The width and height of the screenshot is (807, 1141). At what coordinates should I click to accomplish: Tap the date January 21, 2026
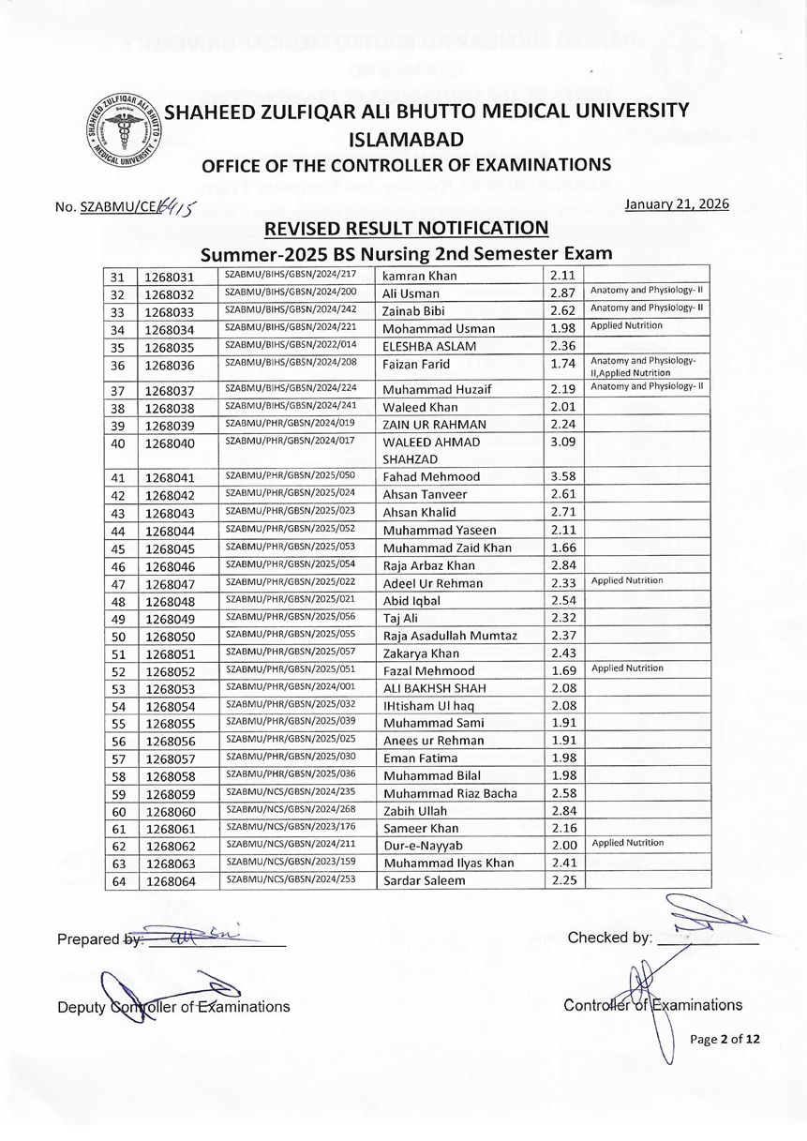click(676, 204)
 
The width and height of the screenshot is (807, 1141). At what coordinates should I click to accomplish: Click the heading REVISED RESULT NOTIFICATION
click(405, 228)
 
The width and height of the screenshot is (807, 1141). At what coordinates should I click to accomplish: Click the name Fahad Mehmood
click(431, 477)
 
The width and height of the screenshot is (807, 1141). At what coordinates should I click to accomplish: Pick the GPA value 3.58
click(562, 477)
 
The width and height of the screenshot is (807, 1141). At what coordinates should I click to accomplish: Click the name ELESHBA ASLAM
click(429, 346)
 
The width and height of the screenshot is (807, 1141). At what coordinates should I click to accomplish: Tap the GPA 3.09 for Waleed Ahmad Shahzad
click(562, 442)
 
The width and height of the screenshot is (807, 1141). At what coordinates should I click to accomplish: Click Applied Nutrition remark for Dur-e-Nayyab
click(627, 843)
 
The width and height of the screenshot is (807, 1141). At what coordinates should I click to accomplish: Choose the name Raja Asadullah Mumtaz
click(450, 636)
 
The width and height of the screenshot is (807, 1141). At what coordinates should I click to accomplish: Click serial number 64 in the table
click(118, 880)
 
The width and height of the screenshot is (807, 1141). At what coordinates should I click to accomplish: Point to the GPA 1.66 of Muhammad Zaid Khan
click(562, 548)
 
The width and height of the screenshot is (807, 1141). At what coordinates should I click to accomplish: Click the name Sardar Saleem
click(425, 880)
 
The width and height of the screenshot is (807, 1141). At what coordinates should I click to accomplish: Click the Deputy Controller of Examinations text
click(173, 1007)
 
